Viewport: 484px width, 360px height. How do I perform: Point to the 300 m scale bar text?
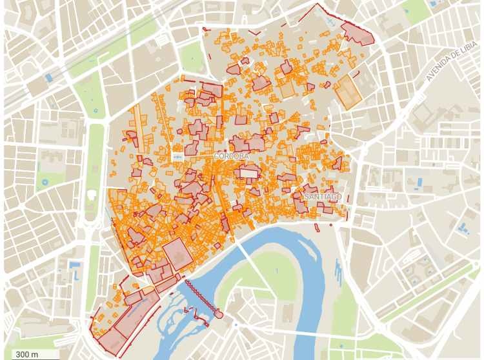[26, 354]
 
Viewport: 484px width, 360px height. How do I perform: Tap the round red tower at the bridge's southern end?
[219, 314]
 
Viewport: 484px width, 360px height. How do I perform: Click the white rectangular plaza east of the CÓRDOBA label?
[248, 173]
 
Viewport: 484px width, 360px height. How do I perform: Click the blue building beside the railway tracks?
[48, 78]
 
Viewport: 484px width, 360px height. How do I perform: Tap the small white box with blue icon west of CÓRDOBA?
[178, 157]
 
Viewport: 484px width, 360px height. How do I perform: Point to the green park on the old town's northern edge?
[191, 58]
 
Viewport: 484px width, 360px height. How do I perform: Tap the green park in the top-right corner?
[413, 10]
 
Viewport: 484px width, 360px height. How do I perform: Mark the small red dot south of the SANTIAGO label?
[331, 225]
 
